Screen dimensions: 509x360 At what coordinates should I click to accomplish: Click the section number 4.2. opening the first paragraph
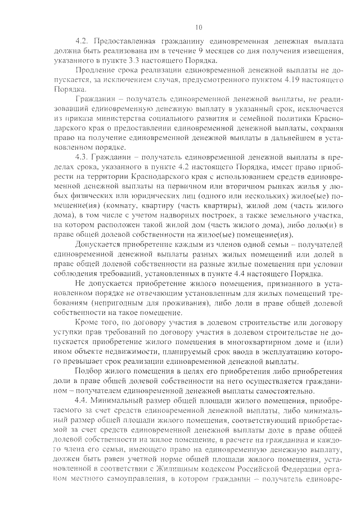(x=83, y=41)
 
